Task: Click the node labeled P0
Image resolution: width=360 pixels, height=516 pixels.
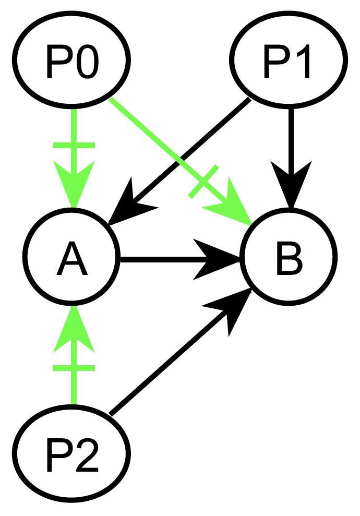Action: pyautogui.click(x=72, y=62)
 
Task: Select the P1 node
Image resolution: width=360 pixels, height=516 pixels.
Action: pyautogui.click(x=289, y=62)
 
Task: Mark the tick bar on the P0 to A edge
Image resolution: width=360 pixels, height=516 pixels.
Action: pyautogui.click(x=74, y=146)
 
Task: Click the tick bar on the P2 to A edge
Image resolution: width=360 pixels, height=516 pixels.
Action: pyautogui.click(x=74, y=368)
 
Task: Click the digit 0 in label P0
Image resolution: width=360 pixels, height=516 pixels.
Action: pyautogui.click(x=88, y=63)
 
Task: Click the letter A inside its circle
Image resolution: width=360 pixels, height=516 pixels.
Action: pyautogui.click(x=73, y=259)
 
